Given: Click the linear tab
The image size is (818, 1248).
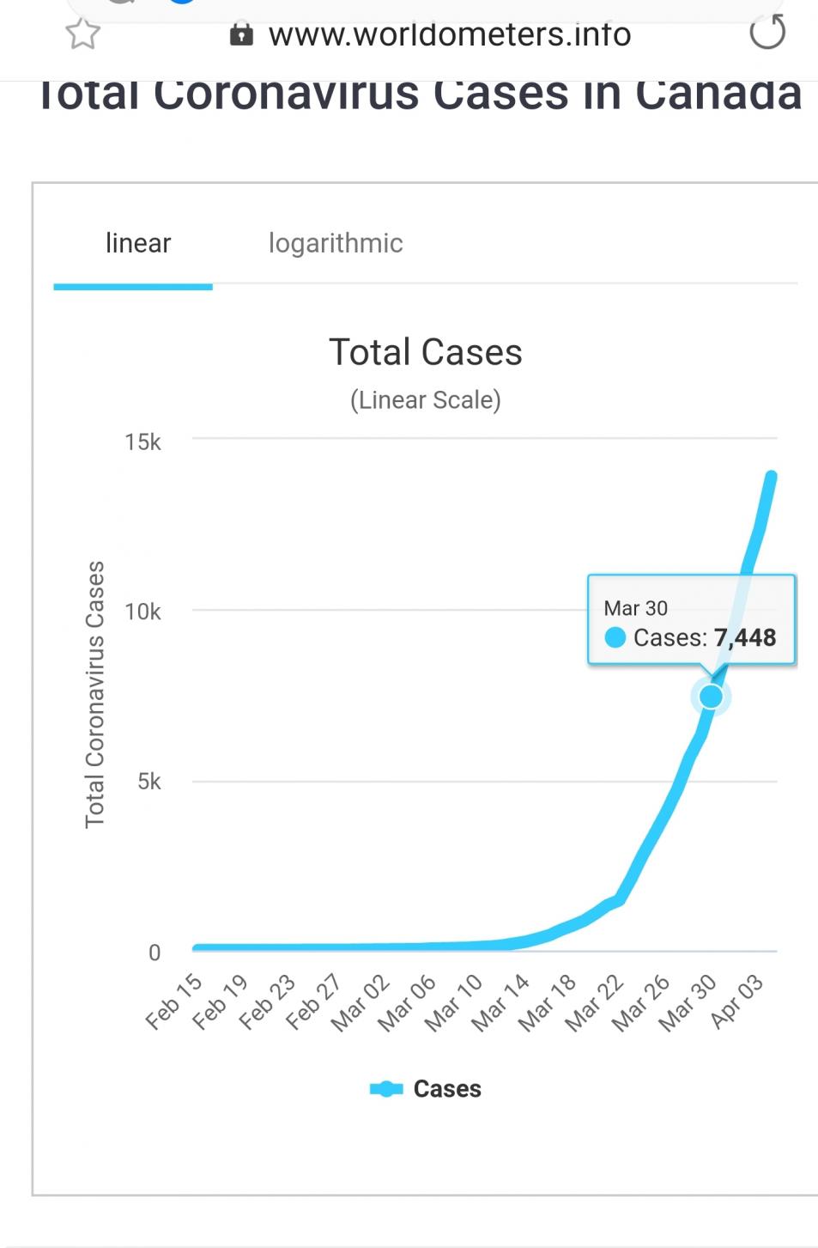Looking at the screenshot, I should tap(137, 244).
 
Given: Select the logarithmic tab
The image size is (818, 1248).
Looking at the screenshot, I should tap(335, 244).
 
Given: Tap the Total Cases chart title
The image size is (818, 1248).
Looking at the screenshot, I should tap(425, 352).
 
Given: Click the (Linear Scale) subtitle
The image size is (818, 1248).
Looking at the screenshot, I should tap(425, 400).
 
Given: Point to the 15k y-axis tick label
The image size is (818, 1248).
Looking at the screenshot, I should tap(142, 442).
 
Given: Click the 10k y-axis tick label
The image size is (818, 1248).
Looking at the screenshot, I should tap(142, 612).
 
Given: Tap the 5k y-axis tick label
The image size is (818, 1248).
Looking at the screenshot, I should tap(148, 782).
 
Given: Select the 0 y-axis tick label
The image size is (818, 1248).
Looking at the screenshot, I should tap(155, 953).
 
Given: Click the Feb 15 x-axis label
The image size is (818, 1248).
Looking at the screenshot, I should tap(174, 1001).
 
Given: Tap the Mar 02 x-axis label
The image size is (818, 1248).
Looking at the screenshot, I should tap(361, 1002).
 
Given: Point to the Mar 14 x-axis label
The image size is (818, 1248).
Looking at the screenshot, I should tap(502, 1002).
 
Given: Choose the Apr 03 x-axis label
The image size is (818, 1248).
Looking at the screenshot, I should tap(737, 1001).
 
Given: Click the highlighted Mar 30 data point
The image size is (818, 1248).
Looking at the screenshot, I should tap(711, 696).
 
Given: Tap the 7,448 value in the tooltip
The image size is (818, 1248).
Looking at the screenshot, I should tap(745, 638).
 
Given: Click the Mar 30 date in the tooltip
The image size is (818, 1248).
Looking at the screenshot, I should tap(635, 608).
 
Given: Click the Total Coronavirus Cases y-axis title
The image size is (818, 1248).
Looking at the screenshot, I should tap(94, 694).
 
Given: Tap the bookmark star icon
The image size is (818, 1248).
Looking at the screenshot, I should tap(82, 33).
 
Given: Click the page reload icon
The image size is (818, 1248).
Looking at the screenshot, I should tap(766, 33).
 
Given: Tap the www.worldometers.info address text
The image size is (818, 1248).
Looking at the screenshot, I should tap(449, 34).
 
